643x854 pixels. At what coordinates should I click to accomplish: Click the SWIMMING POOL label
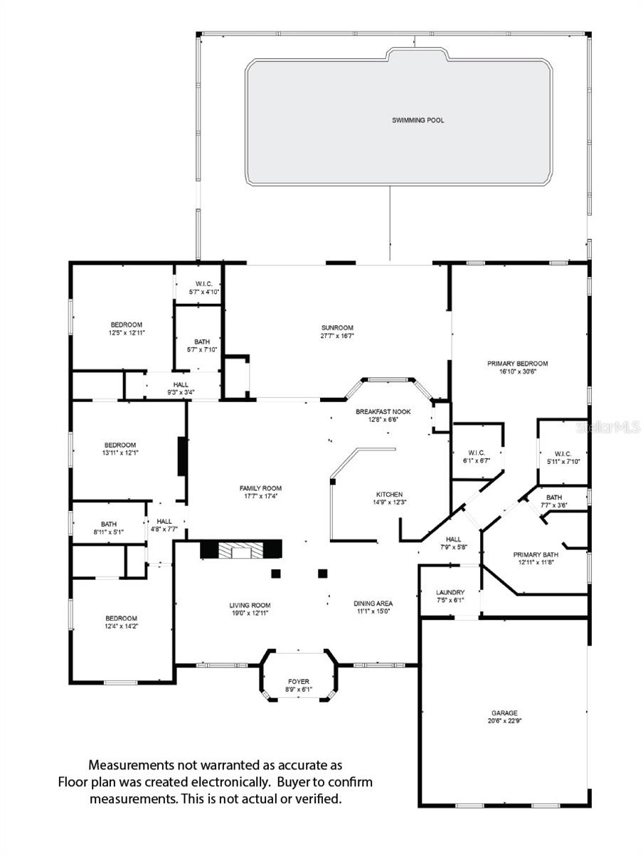418,120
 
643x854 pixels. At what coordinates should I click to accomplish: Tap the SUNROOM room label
337,327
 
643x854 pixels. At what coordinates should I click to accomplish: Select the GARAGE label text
504,712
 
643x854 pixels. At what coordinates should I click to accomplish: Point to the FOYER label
299,682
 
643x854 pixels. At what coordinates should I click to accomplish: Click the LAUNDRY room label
450,592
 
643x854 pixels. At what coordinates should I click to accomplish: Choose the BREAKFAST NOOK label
393,411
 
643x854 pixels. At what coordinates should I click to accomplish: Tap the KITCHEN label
389,494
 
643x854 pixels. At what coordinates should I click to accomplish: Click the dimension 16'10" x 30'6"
517,371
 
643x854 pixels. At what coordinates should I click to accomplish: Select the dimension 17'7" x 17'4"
260,496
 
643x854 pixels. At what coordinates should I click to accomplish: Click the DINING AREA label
373,603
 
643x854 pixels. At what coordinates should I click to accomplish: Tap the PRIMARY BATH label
536,554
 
